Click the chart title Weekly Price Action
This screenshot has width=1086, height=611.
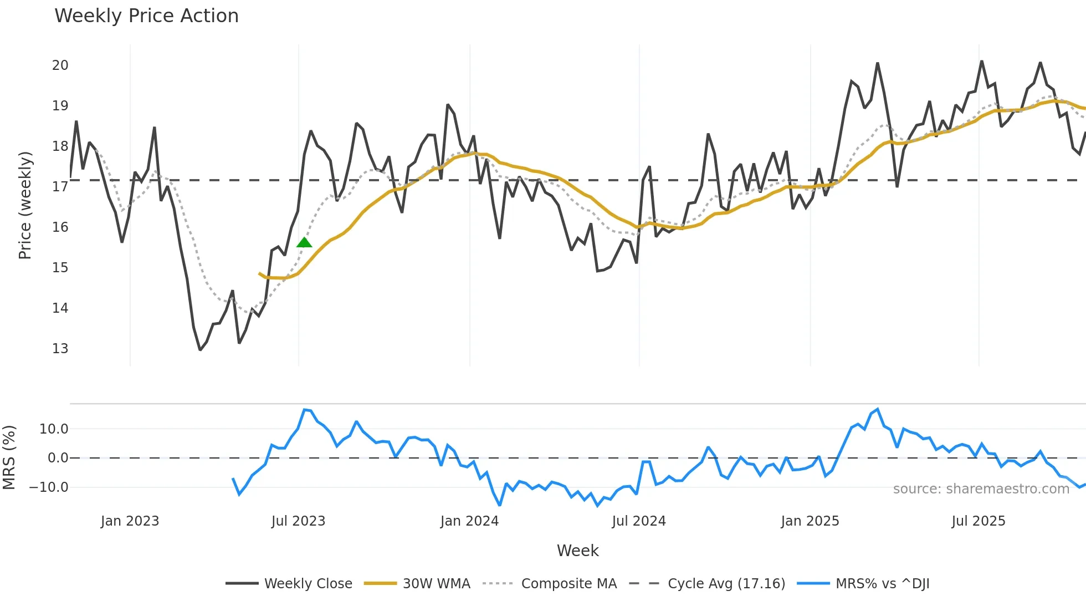click(146, 16)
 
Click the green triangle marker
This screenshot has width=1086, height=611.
click(304, 242)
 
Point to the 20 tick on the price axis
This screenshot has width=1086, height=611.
click(60, 65)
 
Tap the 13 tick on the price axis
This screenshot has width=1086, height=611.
click(60, 349)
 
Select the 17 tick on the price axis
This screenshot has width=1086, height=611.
click(60, 187)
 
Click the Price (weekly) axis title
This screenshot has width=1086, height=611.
click(25, 205)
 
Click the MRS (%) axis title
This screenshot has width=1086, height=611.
click(9, 457)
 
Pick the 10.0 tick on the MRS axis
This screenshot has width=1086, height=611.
click(54, 429)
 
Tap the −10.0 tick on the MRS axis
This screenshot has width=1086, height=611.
click(49, 487)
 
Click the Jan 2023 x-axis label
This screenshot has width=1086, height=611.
click(130, 521)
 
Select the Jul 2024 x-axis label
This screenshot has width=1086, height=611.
click(639, 521)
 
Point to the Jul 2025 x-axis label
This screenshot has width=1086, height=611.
click(979, 521)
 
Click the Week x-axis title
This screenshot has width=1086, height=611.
click(577, 551)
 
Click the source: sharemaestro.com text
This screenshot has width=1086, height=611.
click(981, 489)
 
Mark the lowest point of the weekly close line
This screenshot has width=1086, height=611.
click(200, 350)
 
